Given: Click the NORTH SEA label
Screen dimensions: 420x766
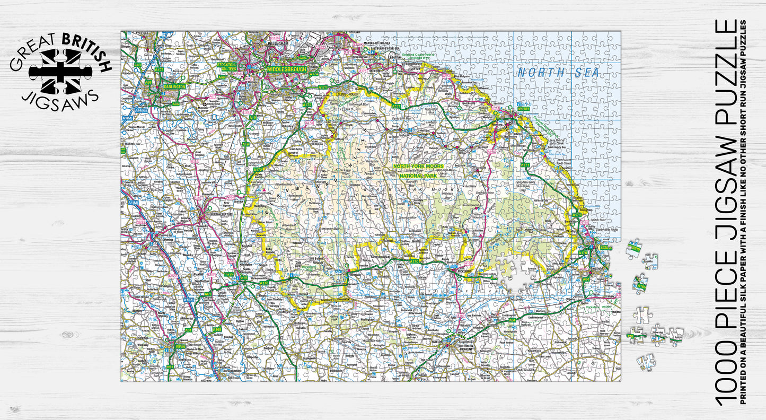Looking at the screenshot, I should point(558,73).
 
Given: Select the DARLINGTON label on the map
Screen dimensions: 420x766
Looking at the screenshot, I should point(174,86).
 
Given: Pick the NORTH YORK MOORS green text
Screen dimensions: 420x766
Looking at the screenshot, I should point(418,167).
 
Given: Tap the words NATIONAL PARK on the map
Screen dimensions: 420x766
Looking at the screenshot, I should point(419,175).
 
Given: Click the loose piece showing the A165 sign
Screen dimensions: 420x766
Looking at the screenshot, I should point(641,285).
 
